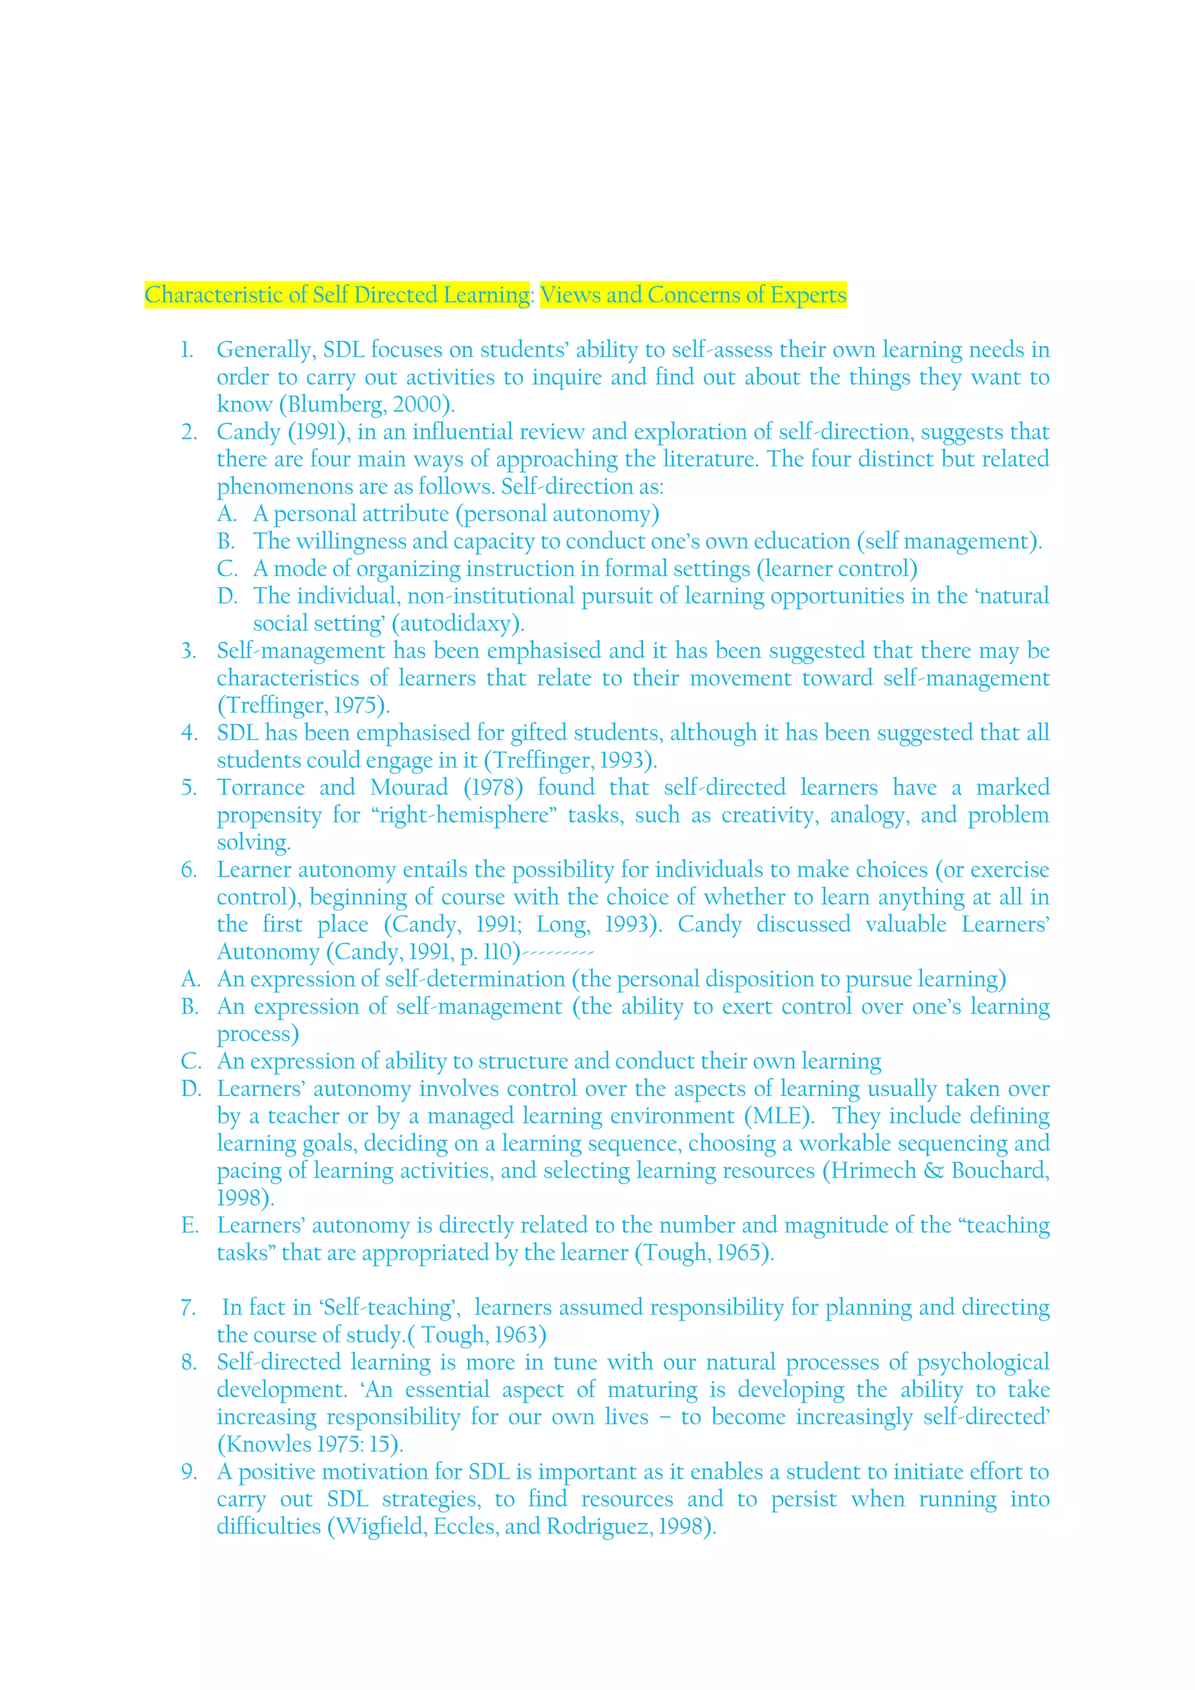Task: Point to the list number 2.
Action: click(189, 432)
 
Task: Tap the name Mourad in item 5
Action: click(409, 788)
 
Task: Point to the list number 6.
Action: click(189, 870)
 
